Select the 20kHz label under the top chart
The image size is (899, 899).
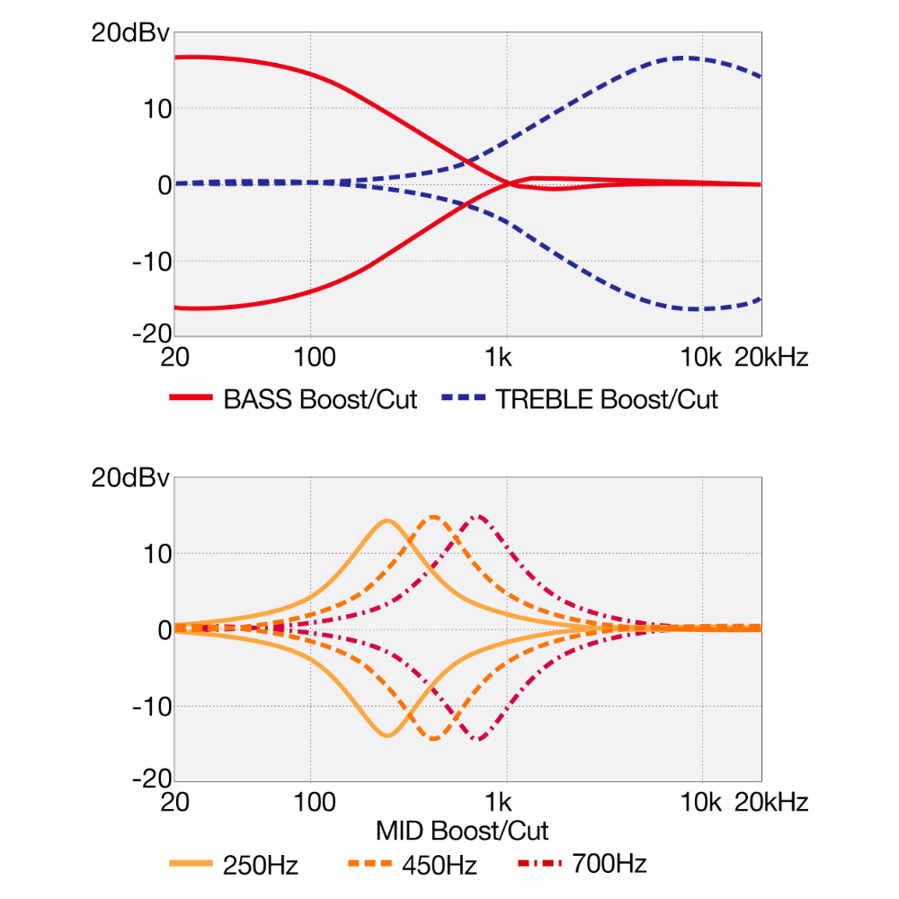pos(771,358)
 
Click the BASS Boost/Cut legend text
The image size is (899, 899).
pos(320,399)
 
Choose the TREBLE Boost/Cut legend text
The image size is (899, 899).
pos(607,399)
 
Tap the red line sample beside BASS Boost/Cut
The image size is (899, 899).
pos(191,398)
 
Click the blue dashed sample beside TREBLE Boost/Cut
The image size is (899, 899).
pos(464,398)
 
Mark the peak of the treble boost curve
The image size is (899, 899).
pos(685,58)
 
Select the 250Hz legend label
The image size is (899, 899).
pos(261,866)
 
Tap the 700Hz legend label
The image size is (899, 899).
pos(609,865)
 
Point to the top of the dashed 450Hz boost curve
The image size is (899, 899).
pos(434,516)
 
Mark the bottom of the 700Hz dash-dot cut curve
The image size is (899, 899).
pos(481,740)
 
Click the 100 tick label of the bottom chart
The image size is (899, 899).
pos(311,802)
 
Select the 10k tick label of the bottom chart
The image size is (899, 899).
pos(701,802)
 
